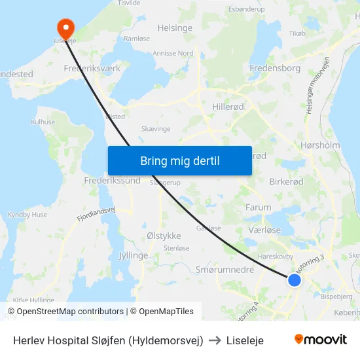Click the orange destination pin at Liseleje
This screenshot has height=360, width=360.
click(65, 27)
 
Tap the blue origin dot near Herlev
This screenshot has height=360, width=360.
click(295, 279)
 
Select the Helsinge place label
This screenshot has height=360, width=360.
click(175, 28)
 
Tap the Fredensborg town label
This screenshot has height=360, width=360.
click(275, 67)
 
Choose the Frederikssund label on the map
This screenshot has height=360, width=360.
click(112, 180)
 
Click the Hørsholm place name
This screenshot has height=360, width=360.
click(320, 145)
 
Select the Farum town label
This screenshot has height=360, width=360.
click(258, 207)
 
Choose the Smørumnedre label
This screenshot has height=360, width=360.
click(224, 269)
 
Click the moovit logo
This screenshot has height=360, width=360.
click(320, 340)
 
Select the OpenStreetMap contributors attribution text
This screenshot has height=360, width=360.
click(70, 312)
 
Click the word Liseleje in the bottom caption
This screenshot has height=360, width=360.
click(245, 340)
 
